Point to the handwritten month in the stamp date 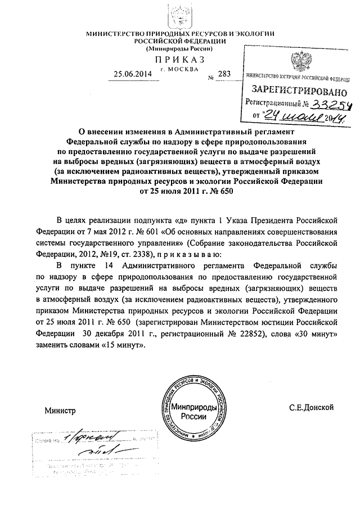292,116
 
